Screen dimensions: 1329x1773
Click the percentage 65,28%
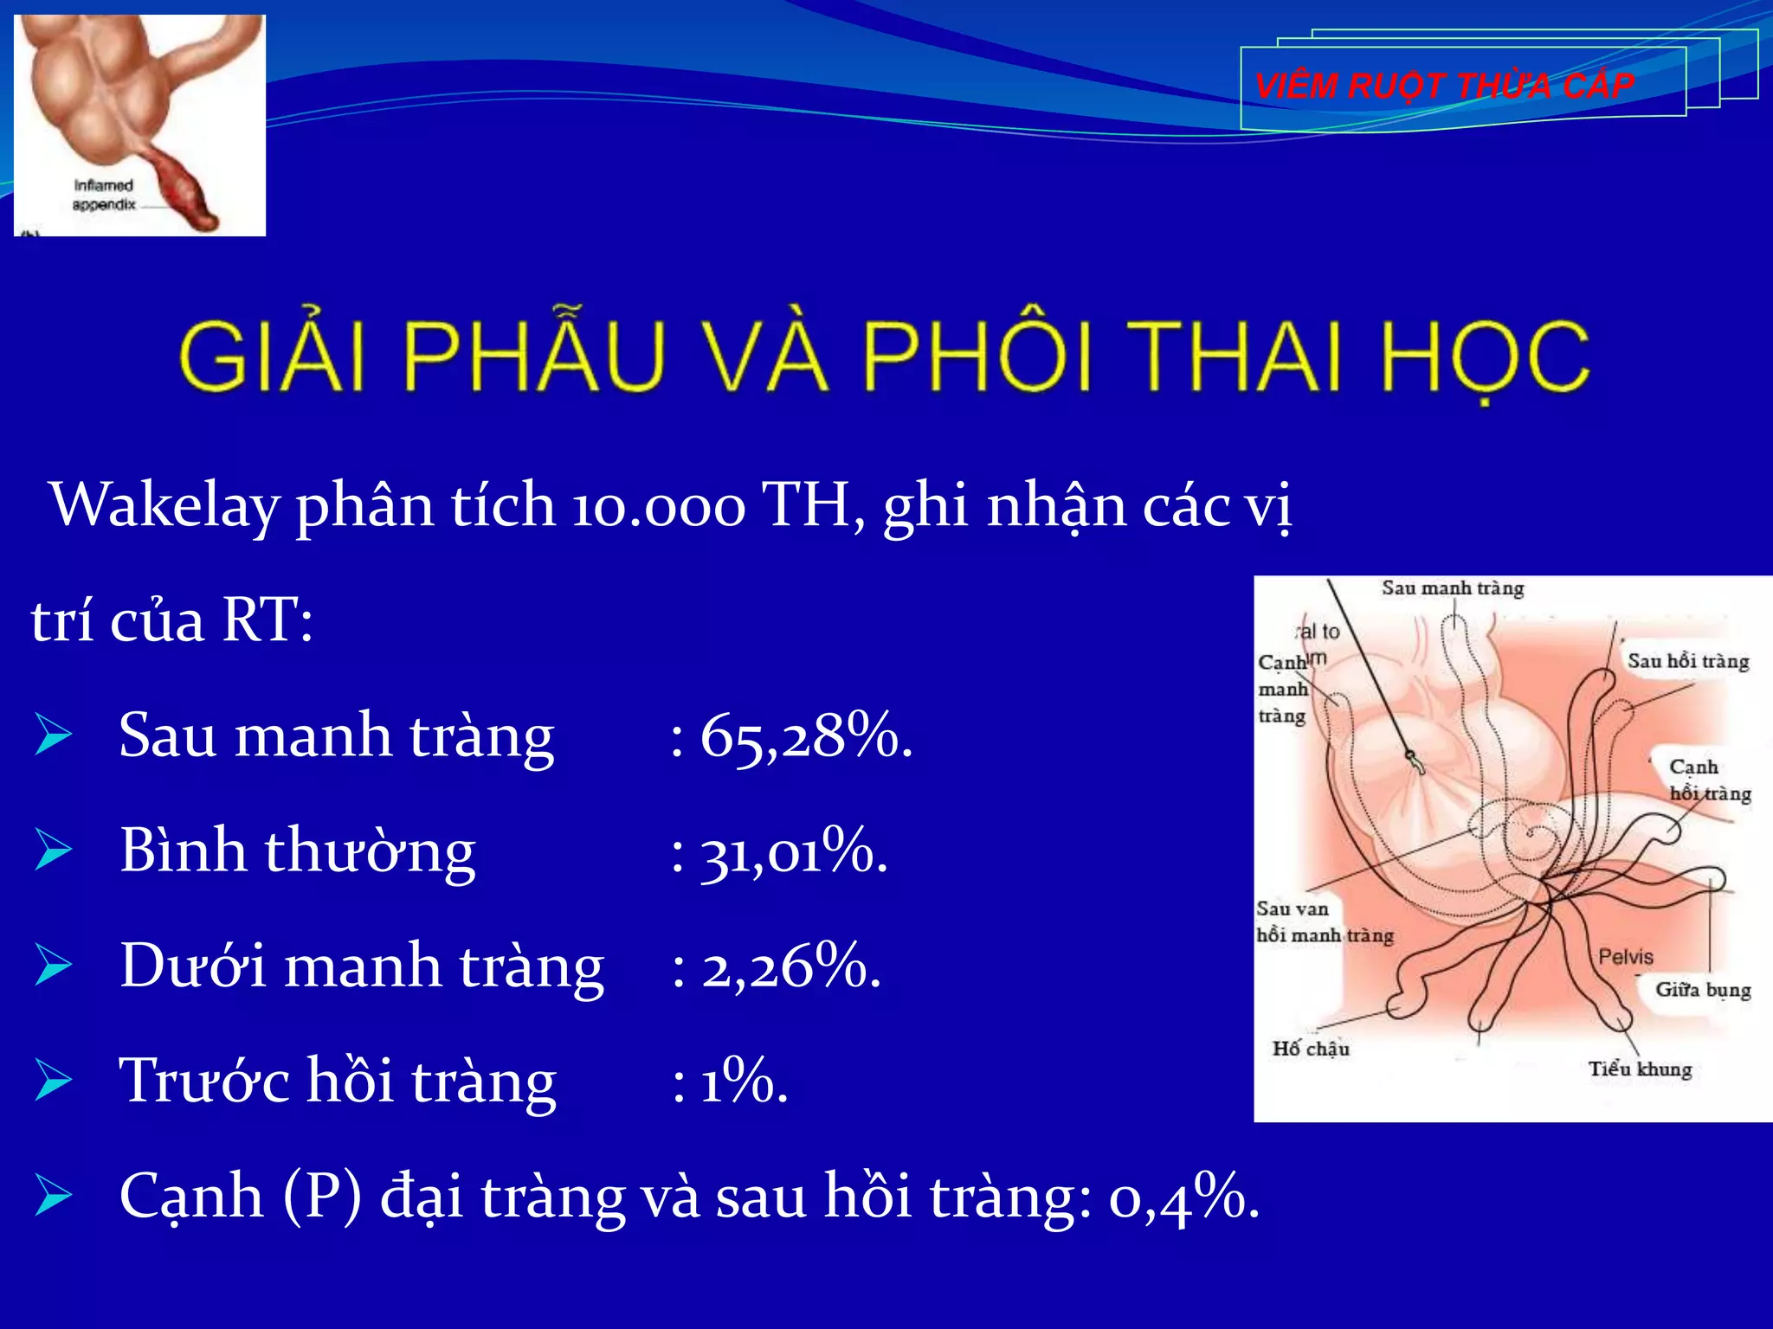(805, 736)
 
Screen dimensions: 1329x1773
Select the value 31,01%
(793, 851)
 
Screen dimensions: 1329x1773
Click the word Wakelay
(164, 505)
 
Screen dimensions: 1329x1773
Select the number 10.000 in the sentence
(658, 505)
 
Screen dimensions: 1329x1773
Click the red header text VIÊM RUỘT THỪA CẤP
(1444, 86)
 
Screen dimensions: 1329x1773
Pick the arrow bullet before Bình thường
(54, 851)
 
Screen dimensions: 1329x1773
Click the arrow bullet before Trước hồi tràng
(54, 1082)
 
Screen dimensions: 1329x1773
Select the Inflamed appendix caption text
(104, 195)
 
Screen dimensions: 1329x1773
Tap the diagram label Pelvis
(1625, 956)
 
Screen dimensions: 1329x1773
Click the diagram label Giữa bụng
(1702, 989)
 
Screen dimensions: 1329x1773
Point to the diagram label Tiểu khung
(1639, 1069)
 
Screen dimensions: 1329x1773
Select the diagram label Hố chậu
(1310, 1049)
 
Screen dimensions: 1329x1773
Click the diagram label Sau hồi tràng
(1687, 661)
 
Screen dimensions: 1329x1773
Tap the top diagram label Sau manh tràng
(1452, 588)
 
